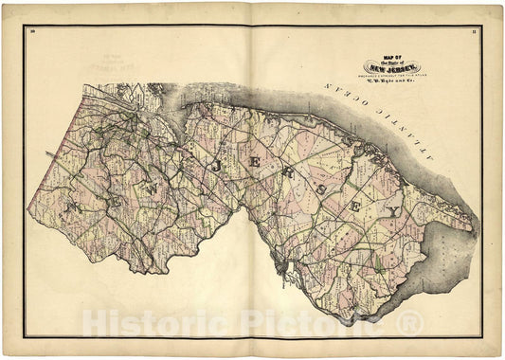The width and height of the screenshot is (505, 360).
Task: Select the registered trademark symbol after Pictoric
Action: [409, 323]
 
